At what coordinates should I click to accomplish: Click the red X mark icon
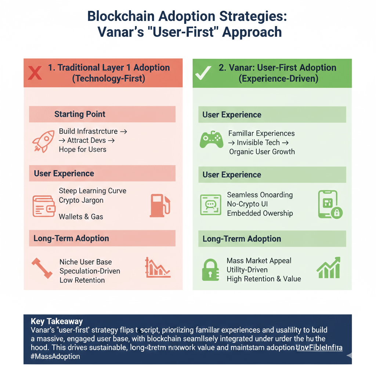(x=35, y=73)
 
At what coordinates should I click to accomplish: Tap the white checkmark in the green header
(x=203, y=73)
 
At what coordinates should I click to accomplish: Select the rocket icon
(x=43, y=141)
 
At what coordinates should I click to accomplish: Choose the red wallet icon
(x=44, y=206)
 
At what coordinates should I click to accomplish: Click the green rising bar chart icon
(x=328, y=268)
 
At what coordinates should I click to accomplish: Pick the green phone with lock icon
(x=329, y=204)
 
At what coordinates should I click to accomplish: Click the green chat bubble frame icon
(x=210, y=205)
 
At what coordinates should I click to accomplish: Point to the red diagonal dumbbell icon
(x=41, y=268)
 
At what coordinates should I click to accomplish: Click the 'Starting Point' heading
(x=80, y=114)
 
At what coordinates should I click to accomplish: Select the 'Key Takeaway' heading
(x=57, y=322)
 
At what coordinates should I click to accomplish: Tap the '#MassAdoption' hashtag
(x=55, y=356)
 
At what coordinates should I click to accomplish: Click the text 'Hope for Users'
(x=82, y=149)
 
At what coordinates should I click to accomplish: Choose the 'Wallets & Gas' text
(x=81, y=217)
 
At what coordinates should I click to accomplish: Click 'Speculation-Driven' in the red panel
(x=90, y=271)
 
